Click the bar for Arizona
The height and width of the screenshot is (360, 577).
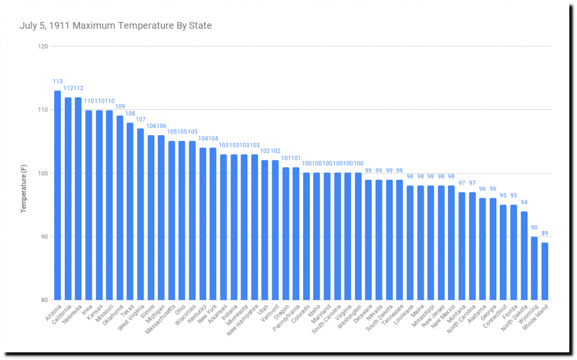pyautogui.click(x=57, y=195)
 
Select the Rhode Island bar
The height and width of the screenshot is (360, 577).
pyautogui.click(x=545, y=271)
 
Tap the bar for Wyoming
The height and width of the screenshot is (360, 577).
pyautogui.click(x=534, y=268)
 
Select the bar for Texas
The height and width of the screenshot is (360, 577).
pyautogui.click(x=130, y=211)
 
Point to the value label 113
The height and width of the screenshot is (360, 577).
pyautogui.click(x=57, y=82)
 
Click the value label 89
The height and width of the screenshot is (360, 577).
pyautogui.click(x=545, y=234)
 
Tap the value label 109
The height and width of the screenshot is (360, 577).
pyautogui.click(x=119, y=106)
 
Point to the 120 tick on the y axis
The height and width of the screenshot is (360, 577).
pyautogui.click(x=43, y=46)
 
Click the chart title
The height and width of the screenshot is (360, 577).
pyautogui.click(x=116, y=25)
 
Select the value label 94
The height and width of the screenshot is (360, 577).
pyautogui.click(x=524, y=202)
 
